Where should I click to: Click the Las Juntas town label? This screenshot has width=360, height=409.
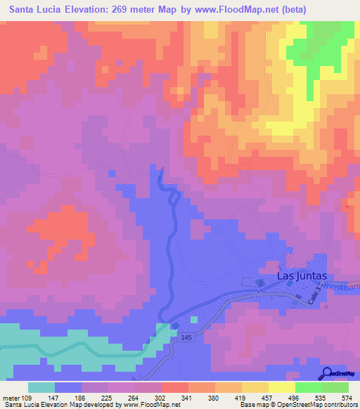[x=302, y=275]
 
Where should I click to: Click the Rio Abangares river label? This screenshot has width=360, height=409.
[x=344, y=289]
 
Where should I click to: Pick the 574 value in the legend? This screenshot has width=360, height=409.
[x=347, y=397]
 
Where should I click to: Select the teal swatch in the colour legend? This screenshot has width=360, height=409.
[x=41, y=387]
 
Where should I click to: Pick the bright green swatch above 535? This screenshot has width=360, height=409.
[x=308, y=387]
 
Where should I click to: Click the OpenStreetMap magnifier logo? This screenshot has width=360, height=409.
[x=328, y=373]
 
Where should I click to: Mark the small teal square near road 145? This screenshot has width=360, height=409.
[x=194, y=320]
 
